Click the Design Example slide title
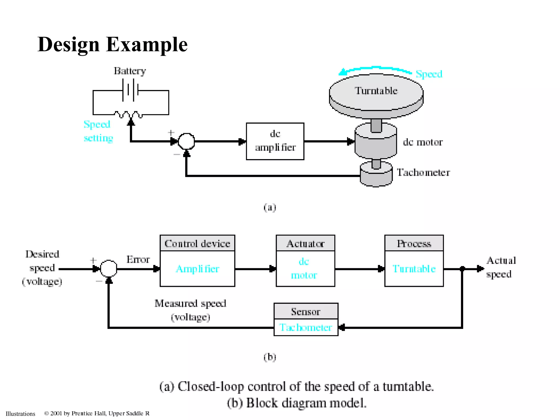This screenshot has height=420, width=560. pyautogui.click(x=112, y=44)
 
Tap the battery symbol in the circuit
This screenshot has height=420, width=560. pyautogui.click(x=131, y=90)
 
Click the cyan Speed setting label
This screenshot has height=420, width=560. pyautogui.click(x=98, y=131)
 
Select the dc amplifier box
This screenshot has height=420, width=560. pyautogui.click(x=275, y=141)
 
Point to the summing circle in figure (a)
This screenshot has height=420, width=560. pyautogui.click(x=186, y=141)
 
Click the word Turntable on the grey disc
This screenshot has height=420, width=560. pyautogui.click(x=376, y=91)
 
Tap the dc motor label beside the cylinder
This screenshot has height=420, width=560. pyautogui.click(x=423, y=142)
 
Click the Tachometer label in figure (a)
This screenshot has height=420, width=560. pyautogui.click(x=423, y=173)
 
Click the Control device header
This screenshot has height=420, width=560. pyautogui.click(x=197, y=243)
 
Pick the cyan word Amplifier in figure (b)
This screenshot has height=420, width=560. pyautogui.click(x=197, y=269)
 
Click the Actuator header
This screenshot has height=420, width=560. pyautogui.click(x=305, y=243)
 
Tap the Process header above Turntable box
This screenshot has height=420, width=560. pyautogui.click(x=414, y=243)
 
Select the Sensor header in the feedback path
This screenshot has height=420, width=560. pyautogui.click(x=306, y=311)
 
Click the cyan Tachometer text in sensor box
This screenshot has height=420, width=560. pyautogui.click(x=306, y=327)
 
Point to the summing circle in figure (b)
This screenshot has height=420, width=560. pyautogui.click(x=109, y=269)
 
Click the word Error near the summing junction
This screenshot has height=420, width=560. pyautogui.click(x=138, y=259)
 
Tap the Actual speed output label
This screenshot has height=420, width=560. pyautogui.click(x=501, y=267)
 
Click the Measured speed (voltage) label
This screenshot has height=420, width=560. pyautogui.click(x=190, y=310)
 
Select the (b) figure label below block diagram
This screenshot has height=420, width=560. pyautogui.click(x=270, y=357)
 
